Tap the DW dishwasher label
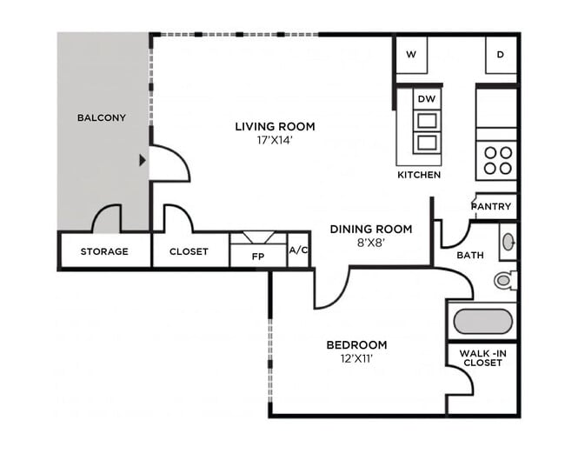(426, 99)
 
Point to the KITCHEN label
(419, 175)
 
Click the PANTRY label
(491, 206)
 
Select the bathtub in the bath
(483, 321)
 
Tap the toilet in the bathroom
(503, 280)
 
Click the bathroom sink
(508, 242)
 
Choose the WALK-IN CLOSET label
(482, 357)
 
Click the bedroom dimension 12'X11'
(356, 357)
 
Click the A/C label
(298, 250)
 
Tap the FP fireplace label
(258, 257)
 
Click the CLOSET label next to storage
(189, 251)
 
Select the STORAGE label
(104, 251)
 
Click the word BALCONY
(101, 117)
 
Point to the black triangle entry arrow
(143, 160)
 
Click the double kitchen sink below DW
(426, 131)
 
